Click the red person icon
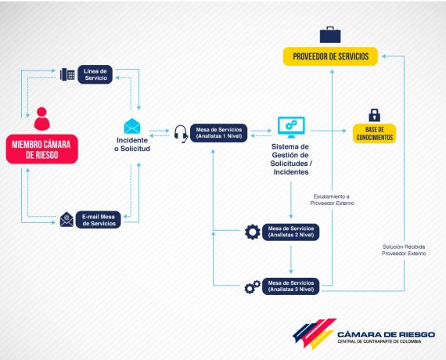(x=41, y=119)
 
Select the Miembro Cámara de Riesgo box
(x=41, y=149)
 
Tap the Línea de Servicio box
(x=95, y=74)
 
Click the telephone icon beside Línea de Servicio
(x=67, y=74)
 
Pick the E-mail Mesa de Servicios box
(x=99, y=220)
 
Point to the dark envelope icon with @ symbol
(x=67, y=219)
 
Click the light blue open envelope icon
(x=132, y=126)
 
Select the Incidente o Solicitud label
(x=132, y=144)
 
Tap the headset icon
(x=181, y=134)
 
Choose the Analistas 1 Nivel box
(x=219, y=133)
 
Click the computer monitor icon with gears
(x=291, y=128)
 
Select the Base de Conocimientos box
(x=375, y=134)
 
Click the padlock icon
(x=374, y=115)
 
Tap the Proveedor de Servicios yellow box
(x=330, y=56)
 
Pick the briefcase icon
(x=330, y=34)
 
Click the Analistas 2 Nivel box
(x=291, y=232)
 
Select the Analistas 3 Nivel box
(x=291, y=286)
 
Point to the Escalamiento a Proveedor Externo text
(x=332, y=200)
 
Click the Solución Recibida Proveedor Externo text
(x=404, y=250)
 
